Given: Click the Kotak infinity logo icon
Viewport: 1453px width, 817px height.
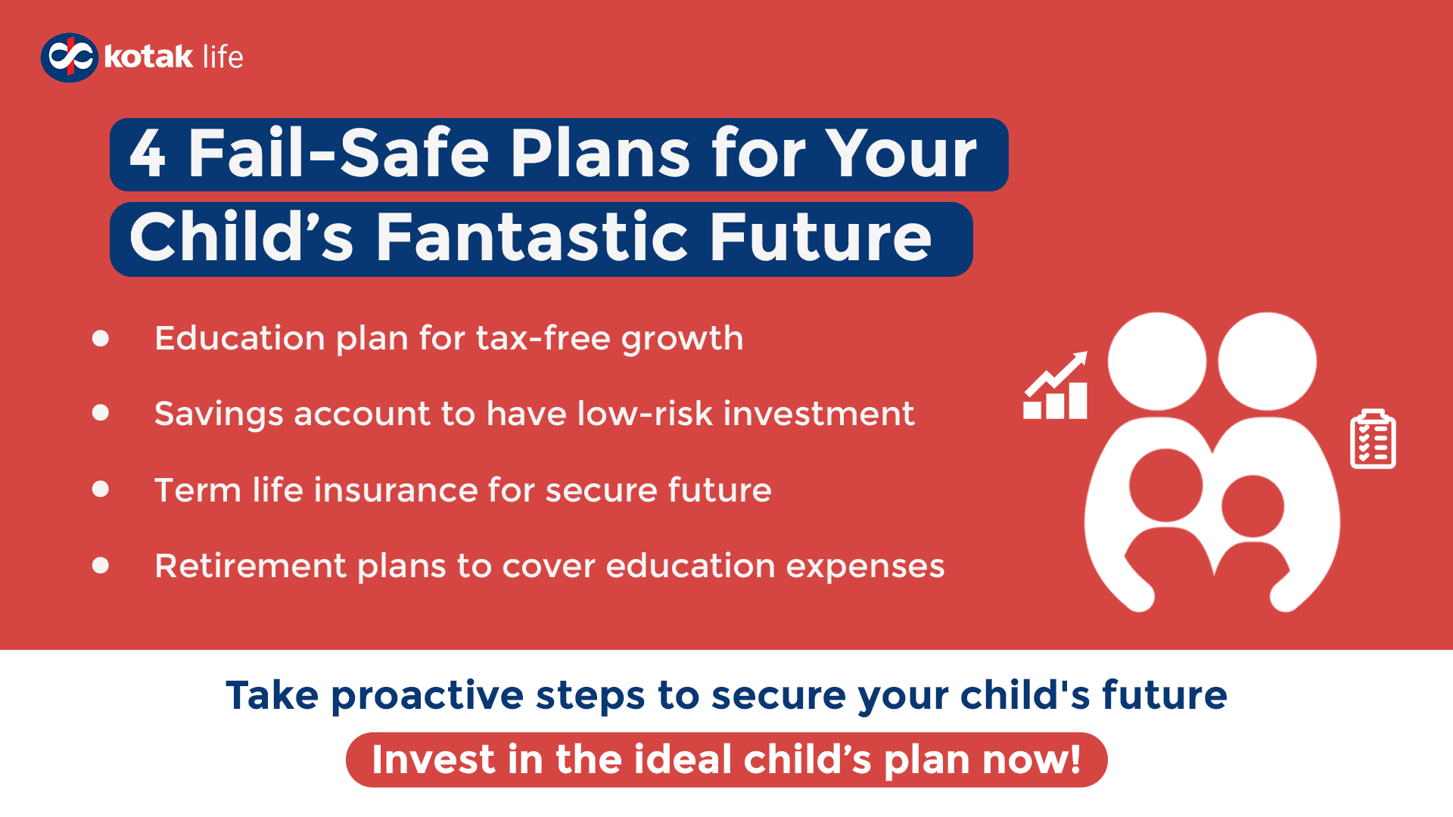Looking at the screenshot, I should (69, 57).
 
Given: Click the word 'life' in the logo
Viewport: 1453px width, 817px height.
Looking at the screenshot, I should (222, 57).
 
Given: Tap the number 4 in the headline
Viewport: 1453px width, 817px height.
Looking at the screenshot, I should (148, 154).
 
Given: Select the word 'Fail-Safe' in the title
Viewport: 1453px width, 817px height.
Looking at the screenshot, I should (339, 154).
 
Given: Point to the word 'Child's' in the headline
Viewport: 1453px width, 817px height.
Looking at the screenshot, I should (241, 238).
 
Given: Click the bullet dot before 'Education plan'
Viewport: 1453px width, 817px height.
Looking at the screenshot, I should (101, 338).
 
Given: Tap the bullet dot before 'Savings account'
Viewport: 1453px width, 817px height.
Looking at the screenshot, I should (101, 413).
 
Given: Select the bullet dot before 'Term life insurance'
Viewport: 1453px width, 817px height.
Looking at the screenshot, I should (101, 489).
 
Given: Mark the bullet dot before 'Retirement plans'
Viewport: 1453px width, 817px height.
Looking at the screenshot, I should (101, 565).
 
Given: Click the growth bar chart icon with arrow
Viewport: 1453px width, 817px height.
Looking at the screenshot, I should (1056, 386).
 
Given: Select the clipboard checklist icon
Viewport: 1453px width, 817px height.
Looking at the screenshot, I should (1373, 440).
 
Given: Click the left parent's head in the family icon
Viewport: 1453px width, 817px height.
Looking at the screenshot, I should (1156, 362).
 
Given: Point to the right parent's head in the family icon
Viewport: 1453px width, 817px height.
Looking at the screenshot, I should (1267, 362).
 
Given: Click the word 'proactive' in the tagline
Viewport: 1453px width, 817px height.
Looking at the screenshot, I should (427, 696).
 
